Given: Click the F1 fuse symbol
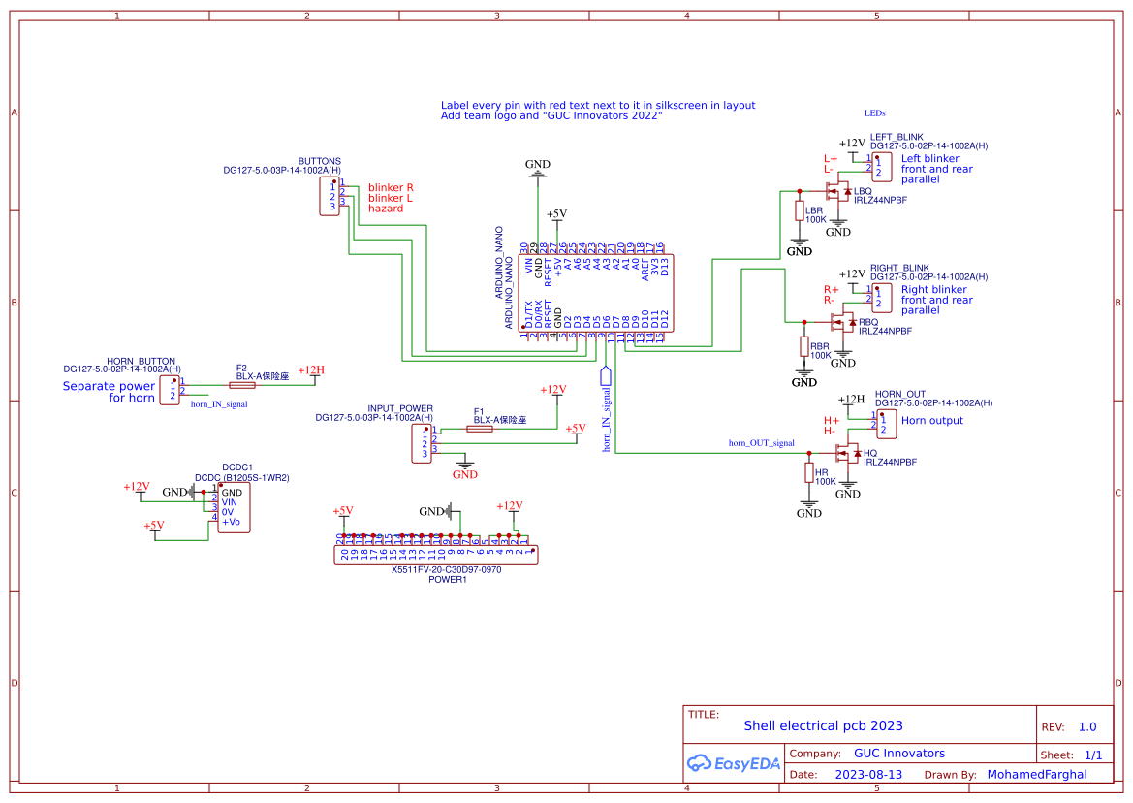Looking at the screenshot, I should coord(479,429).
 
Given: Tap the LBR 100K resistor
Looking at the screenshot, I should coord(800,211).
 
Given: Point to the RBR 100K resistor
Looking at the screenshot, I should coord(803,346).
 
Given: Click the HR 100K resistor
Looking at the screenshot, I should coord(809,472).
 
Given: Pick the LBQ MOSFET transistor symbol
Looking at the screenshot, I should coord(840,191).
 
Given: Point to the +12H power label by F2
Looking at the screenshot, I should coord(311,370).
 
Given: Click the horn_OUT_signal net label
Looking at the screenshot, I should coord(761,443).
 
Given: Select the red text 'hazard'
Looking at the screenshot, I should coord(385,209).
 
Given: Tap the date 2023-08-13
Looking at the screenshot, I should coord(867,775).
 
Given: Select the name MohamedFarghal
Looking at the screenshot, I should coord(1036,775).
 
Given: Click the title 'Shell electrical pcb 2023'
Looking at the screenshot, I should coord(823,725).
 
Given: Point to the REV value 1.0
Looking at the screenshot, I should coord(1087,727).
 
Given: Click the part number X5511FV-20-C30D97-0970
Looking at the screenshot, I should coord(446,570).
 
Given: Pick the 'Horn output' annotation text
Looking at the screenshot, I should coord(931,421).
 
